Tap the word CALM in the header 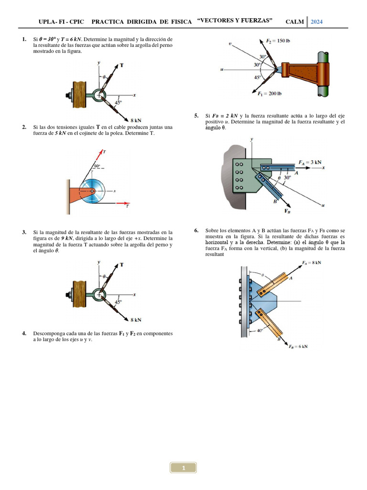294,22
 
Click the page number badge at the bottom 183,468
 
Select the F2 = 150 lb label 278,41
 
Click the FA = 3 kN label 310,162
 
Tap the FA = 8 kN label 312,262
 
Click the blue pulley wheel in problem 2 95,192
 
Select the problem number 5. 196,116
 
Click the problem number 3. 24,232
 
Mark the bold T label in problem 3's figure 121,264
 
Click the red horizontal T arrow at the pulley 120,202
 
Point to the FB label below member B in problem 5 288,211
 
